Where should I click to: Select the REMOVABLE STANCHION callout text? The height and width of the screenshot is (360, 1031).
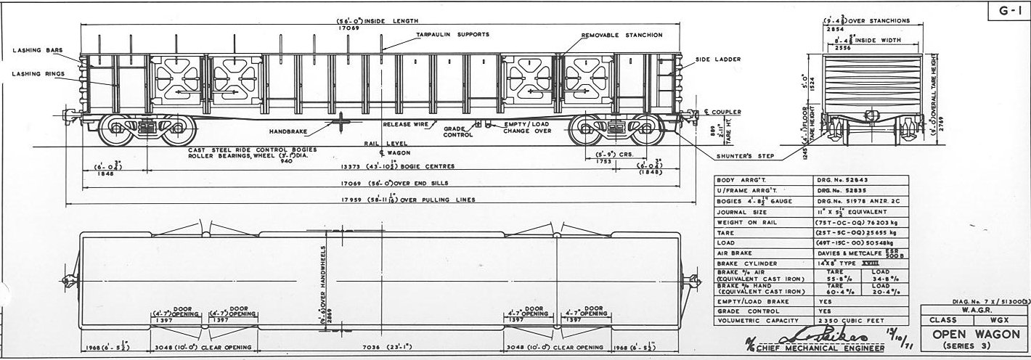[x=622, y=35]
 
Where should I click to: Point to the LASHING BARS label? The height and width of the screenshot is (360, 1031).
[x=36, y=50]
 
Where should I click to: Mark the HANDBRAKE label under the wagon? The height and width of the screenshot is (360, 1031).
[x=288, y=131]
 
